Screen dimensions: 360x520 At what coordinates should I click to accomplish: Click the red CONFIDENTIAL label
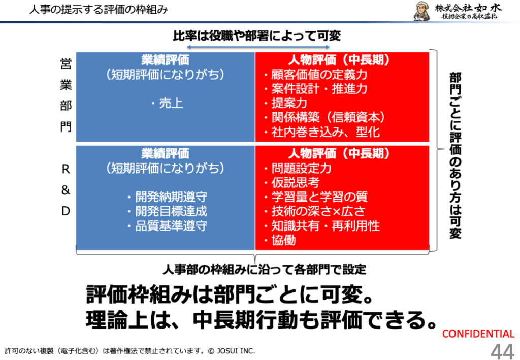click(478, 334)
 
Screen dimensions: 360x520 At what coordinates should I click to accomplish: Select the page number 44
click(502, 351)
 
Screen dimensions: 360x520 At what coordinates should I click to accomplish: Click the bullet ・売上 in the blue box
click(167, 104)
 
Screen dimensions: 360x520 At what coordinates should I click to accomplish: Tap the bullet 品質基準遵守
click(167, 226)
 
